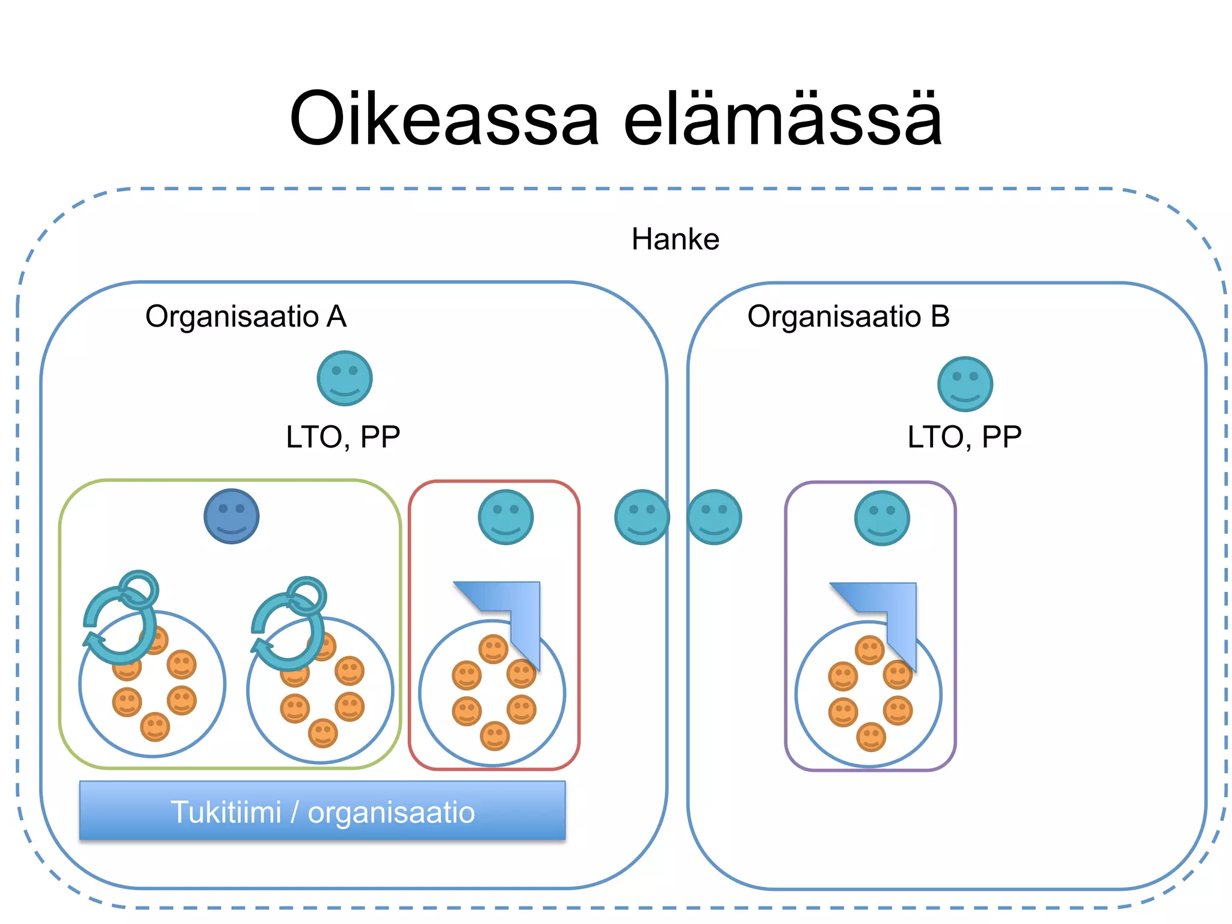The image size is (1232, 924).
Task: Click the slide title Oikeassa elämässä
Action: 615,119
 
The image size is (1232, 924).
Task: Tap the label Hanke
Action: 675,239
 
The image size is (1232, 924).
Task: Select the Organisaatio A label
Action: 245,316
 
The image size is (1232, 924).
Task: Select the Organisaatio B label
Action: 848,316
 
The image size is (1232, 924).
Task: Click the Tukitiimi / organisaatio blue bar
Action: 322,811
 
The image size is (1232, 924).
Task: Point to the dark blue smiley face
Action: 231,517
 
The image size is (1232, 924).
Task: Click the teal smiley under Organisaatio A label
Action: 345,378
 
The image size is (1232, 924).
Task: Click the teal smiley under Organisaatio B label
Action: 965,384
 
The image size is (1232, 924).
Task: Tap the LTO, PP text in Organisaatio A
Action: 343,437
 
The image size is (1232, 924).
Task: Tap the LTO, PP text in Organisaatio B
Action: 964,437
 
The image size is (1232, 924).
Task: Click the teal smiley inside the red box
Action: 505,517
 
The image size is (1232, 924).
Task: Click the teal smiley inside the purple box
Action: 882,518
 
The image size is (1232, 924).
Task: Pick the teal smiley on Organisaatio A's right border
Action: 642,517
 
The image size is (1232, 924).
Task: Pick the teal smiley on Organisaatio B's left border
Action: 714,517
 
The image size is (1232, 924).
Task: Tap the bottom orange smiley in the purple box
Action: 870,737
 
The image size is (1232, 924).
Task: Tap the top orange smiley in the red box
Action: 493,649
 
